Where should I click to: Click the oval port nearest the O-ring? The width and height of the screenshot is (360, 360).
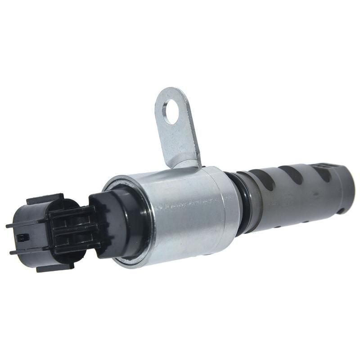pos(265,180)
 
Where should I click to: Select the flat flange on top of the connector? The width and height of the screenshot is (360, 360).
pos(45,198)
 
